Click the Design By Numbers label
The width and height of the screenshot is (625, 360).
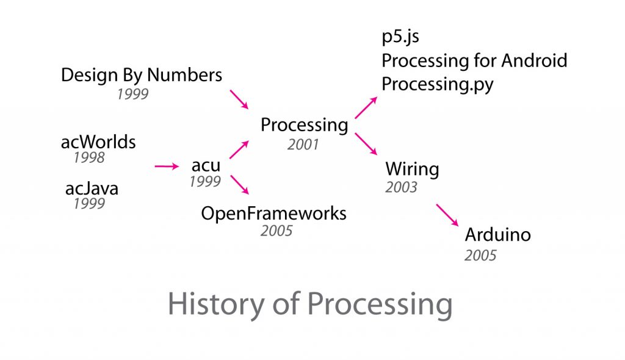[x=142, y=76]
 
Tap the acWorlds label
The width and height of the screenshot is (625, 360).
[x=98, y=143]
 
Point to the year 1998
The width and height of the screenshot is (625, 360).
[x=89, y=158]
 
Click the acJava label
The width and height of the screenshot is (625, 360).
[x=92, y=189]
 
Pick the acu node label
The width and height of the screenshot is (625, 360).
[x=206, y=165]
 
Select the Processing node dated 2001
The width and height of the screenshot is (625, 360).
[x=304, y=126]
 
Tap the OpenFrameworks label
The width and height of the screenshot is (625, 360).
[x=274, y=214]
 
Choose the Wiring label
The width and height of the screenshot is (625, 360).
[x=412, y=169]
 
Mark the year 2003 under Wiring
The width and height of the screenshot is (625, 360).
[x=401, y=187]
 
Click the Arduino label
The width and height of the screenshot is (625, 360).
[x=497, y=235]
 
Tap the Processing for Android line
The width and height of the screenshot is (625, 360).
[x=474, y=60]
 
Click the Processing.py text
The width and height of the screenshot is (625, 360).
[x=437, y=84]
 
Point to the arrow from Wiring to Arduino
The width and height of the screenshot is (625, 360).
[x=447, y=215]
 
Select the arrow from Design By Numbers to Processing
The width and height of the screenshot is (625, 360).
[x=239, y=99]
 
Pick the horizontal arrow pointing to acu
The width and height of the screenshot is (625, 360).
[x=165, y=166]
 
